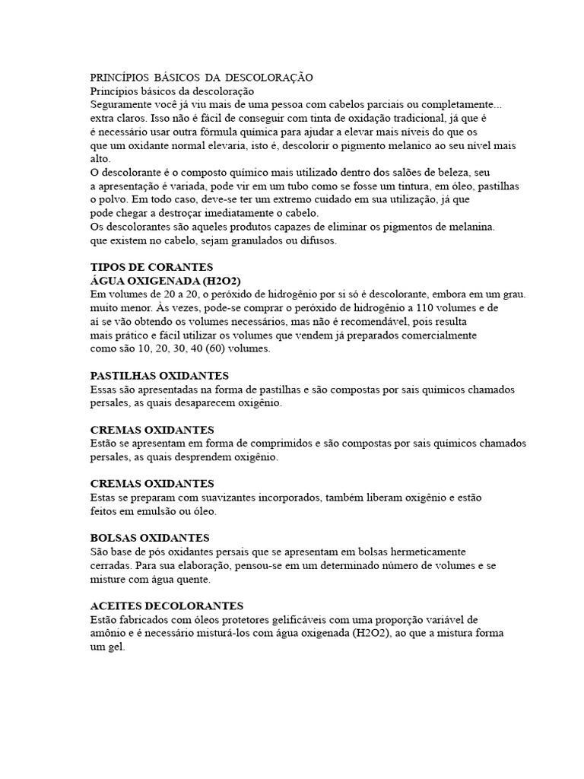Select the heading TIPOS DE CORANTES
pos(152,267)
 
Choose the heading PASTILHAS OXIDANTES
pos(159,376)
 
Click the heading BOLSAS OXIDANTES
pos(150,538)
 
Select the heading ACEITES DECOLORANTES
pos(167,606)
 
